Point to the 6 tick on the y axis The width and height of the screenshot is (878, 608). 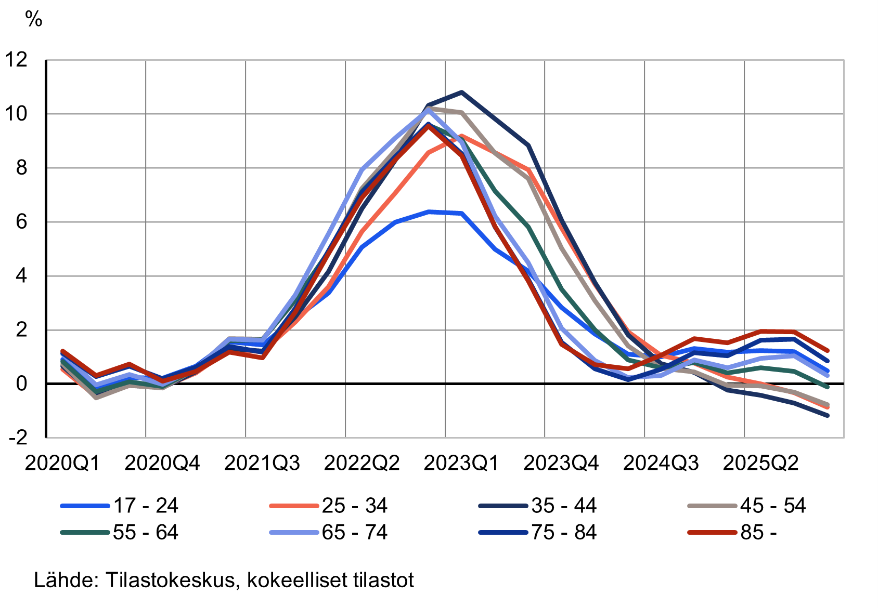[21, 222]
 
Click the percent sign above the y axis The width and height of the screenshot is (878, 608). [34, 19]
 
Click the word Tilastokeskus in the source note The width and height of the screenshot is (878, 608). [172, 580]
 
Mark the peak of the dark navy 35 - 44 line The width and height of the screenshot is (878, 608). [461, 92]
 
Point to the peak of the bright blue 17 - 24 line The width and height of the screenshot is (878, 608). [429, 212]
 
